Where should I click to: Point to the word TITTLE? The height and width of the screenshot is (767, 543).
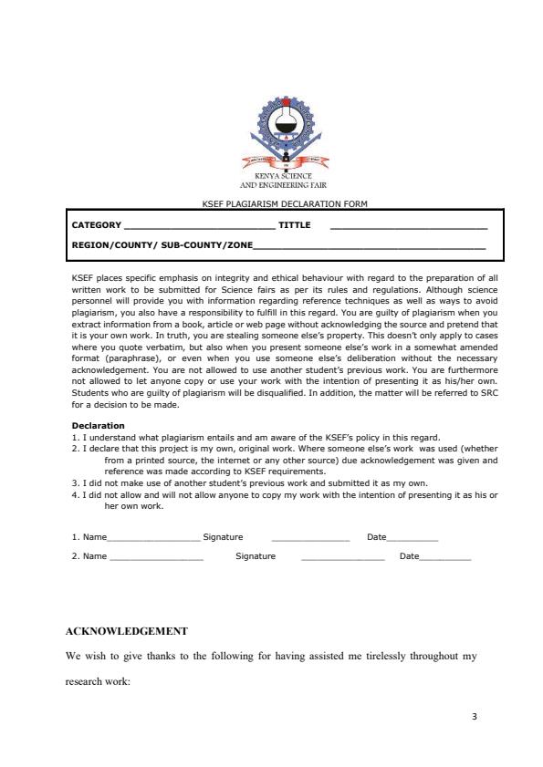pyautogui.click(x=294, y=224)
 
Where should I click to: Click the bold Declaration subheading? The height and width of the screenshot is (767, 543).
pyautogui.click(x=98, y=425)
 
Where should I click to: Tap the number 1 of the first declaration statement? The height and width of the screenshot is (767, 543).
pyautogui.click(x=74, y=438)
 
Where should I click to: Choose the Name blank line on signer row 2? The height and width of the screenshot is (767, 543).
pyautogui.click(x=156, y=556)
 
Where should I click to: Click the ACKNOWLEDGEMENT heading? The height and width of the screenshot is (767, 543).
pyautogui.click(x=127, y=631)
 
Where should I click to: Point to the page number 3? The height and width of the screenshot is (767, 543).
pyautogui.click(x=475, y=716)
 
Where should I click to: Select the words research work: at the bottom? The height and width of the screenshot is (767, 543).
pyautogui.click(x=99, y=680)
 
